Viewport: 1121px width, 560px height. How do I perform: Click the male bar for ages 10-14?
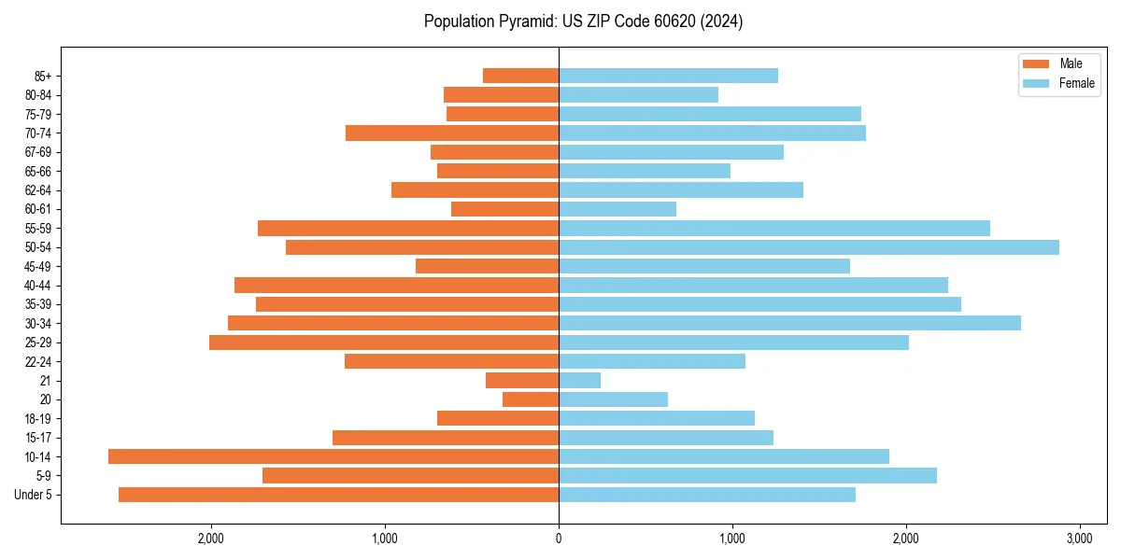point(333,456)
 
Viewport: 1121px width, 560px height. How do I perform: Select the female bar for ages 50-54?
point(809,247)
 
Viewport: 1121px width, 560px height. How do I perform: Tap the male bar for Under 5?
point(338,495)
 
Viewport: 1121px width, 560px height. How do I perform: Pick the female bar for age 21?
point(579,381)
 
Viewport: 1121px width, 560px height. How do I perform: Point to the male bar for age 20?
point(531,399)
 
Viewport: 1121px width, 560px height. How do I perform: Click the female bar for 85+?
point(668,76)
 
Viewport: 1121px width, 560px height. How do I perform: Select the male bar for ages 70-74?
point(452,133)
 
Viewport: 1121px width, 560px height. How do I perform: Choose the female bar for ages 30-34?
point(789,323)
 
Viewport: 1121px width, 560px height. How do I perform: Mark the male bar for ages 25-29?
point(384,343)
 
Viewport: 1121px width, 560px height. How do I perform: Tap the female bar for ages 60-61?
point(617,209)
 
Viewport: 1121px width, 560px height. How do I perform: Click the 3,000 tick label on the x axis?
point(1079,539)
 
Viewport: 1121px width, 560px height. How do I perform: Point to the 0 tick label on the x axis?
point(559,539)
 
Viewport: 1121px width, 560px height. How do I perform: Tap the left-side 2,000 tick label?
point(211,539)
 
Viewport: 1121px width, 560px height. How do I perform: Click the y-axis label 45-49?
point(38,266)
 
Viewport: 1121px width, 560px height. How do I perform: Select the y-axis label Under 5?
point(34,495)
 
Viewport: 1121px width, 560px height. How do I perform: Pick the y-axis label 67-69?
point(38,152)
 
